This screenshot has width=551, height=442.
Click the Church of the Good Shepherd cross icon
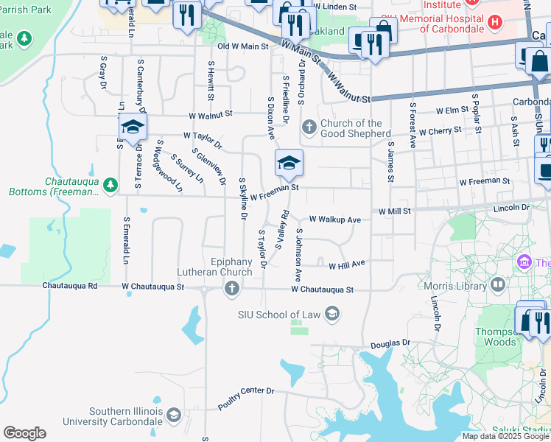coord(309,128)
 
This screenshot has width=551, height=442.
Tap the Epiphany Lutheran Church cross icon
coord(232,288)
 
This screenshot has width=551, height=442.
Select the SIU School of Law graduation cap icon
coord(332,315)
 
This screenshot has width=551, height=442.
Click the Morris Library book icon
coord(498,284)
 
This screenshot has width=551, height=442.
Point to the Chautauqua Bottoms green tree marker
coord(110,185)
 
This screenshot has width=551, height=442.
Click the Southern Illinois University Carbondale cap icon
coord(173,416)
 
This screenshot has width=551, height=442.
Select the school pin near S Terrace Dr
coord(133,127)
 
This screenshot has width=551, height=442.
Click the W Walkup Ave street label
coord(335,220)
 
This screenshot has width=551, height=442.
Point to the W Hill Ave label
coord(347,265)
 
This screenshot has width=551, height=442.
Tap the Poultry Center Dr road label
coord(245,399)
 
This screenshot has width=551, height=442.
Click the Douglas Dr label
coord(390,343)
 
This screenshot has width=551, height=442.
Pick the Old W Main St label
coord(243,46)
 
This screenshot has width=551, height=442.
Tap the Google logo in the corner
coord(24,433)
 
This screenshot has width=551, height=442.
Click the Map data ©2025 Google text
coord(505,436)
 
